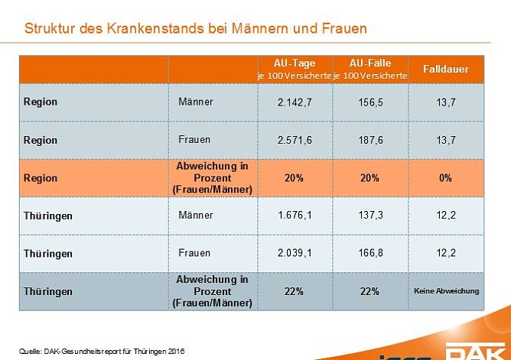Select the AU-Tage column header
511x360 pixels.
[x=295, y=69]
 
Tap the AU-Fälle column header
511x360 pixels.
[x=370, y=69]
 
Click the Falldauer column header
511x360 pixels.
[x=446, y=70]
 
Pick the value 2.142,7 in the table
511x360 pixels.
[x=295, y=102]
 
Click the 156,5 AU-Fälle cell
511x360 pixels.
[x=370, y=102]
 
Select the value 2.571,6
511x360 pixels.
[x=295, y=140]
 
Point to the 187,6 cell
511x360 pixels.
[x=370, y=140]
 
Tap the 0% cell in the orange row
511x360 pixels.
[x=446, y=177]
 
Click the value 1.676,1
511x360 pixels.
[x=295, y=216]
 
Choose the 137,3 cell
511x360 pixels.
[x=370, y=216]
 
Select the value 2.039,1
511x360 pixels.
[x=295, y=253]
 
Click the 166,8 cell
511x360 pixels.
[x=370, y=253]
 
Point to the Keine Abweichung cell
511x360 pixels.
[x=446, y=291]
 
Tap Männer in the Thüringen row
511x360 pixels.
[x=195, y=216]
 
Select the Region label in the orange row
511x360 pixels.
[x=41, y=177]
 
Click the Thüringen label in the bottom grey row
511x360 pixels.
[x=47, y=291]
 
